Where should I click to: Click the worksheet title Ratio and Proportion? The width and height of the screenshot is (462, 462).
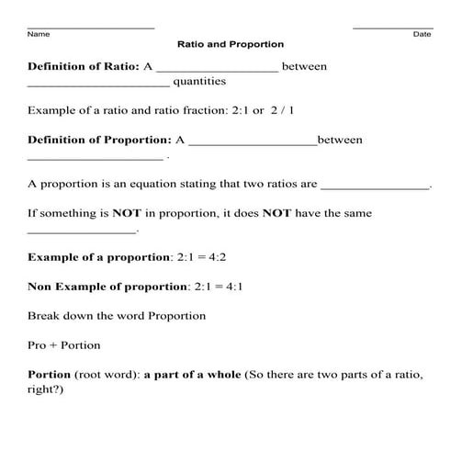pos(231,44)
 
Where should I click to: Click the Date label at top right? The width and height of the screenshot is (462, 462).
pos(422,34)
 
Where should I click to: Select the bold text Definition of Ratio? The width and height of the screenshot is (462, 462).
pos(84,67)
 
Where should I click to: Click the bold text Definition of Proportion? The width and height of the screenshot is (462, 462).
pos(99,140)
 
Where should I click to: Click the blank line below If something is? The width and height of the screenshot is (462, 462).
pos(82,231)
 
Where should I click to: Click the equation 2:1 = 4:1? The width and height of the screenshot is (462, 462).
pos(220,287)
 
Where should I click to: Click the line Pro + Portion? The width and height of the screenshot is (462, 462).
pos(63,345)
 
